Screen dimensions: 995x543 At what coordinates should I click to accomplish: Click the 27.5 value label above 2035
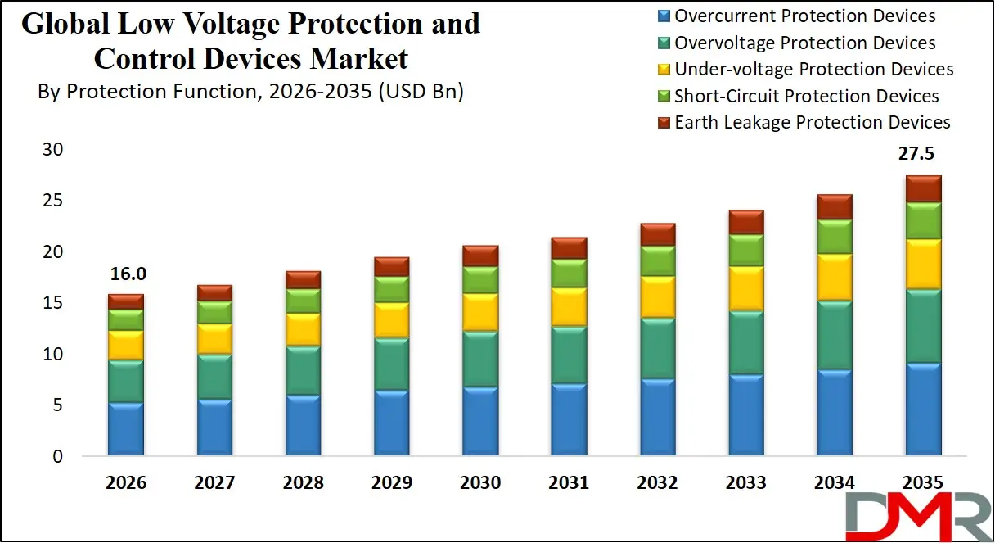[x=916, y=155]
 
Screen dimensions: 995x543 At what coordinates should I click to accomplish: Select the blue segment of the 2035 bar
[x=923, y=410]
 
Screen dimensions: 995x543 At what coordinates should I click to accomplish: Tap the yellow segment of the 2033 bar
[x=745, y=287]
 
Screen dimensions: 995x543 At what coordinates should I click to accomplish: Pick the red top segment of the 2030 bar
[x=480, y=256]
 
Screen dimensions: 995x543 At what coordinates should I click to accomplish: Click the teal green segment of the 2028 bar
[x=303, y=370]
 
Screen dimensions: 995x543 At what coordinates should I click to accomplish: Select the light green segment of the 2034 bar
[x=835, y=236]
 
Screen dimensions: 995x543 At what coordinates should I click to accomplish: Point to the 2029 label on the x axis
[x=392, y=483]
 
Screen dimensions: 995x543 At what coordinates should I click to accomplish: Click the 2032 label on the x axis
[x=657, y=483]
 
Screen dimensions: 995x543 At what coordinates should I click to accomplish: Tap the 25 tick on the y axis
[x=53, y=201]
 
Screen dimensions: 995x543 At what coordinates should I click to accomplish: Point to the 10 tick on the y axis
[x=53, y=355]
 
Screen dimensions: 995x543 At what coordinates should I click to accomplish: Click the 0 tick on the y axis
[x=57, y=457]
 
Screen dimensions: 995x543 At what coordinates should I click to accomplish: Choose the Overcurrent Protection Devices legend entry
[x=804, y=16]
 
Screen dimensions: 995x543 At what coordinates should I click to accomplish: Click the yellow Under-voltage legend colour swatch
[x=664, y=70]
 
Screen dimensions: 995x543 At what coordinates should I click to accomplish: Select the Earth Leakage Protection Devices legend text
[x=813, y=123]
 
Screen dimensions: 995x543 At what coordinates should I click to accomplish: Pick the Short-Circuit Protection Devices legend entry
[x=806, y=96]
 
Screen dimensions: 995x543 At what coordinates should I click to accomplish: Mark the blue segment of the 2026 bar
[x=126, y=429]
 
